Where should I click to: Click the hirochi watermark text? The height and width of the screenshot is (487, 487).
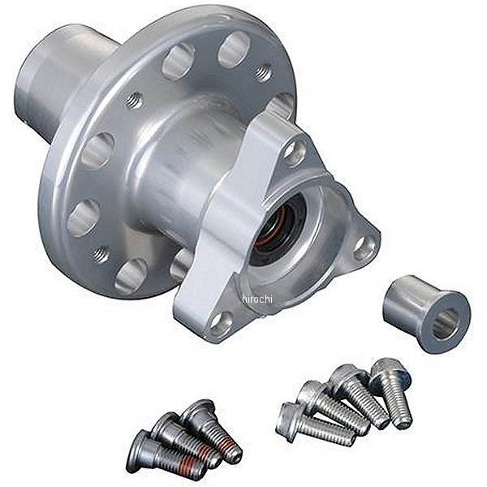pyautogui.click(x=256, y=299)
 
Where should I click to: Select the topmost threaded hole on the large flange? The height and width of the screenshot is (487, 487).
pyautogui.click(x=262, y=73)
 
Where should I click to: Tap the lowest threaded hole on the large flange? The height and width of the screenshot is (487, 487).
pyautogui.click(x=101, y=254)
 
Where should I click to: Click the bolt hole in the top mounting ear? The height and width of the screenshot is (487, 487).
pyautogui.click(x=294, y=153)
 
